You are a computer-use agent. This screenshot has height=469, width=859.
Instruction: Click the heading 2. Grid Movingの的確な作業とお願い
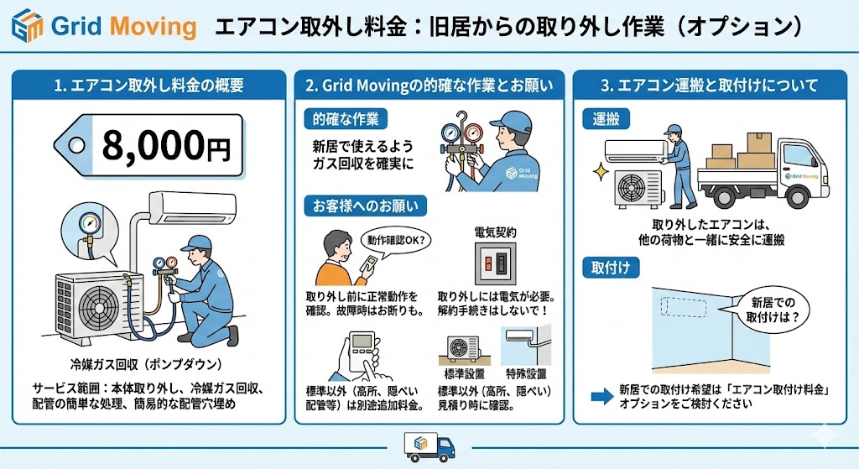tap(429, 85)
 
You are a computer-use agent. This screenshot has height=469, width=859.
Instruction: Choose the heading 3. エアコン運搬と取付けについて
tap(711, 85)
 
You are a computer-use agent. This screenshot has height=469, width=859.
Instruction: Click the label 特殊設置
tap(526, 373)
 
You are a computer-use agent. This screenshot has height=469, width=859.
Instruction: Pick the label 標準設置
tap(466, 373)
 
